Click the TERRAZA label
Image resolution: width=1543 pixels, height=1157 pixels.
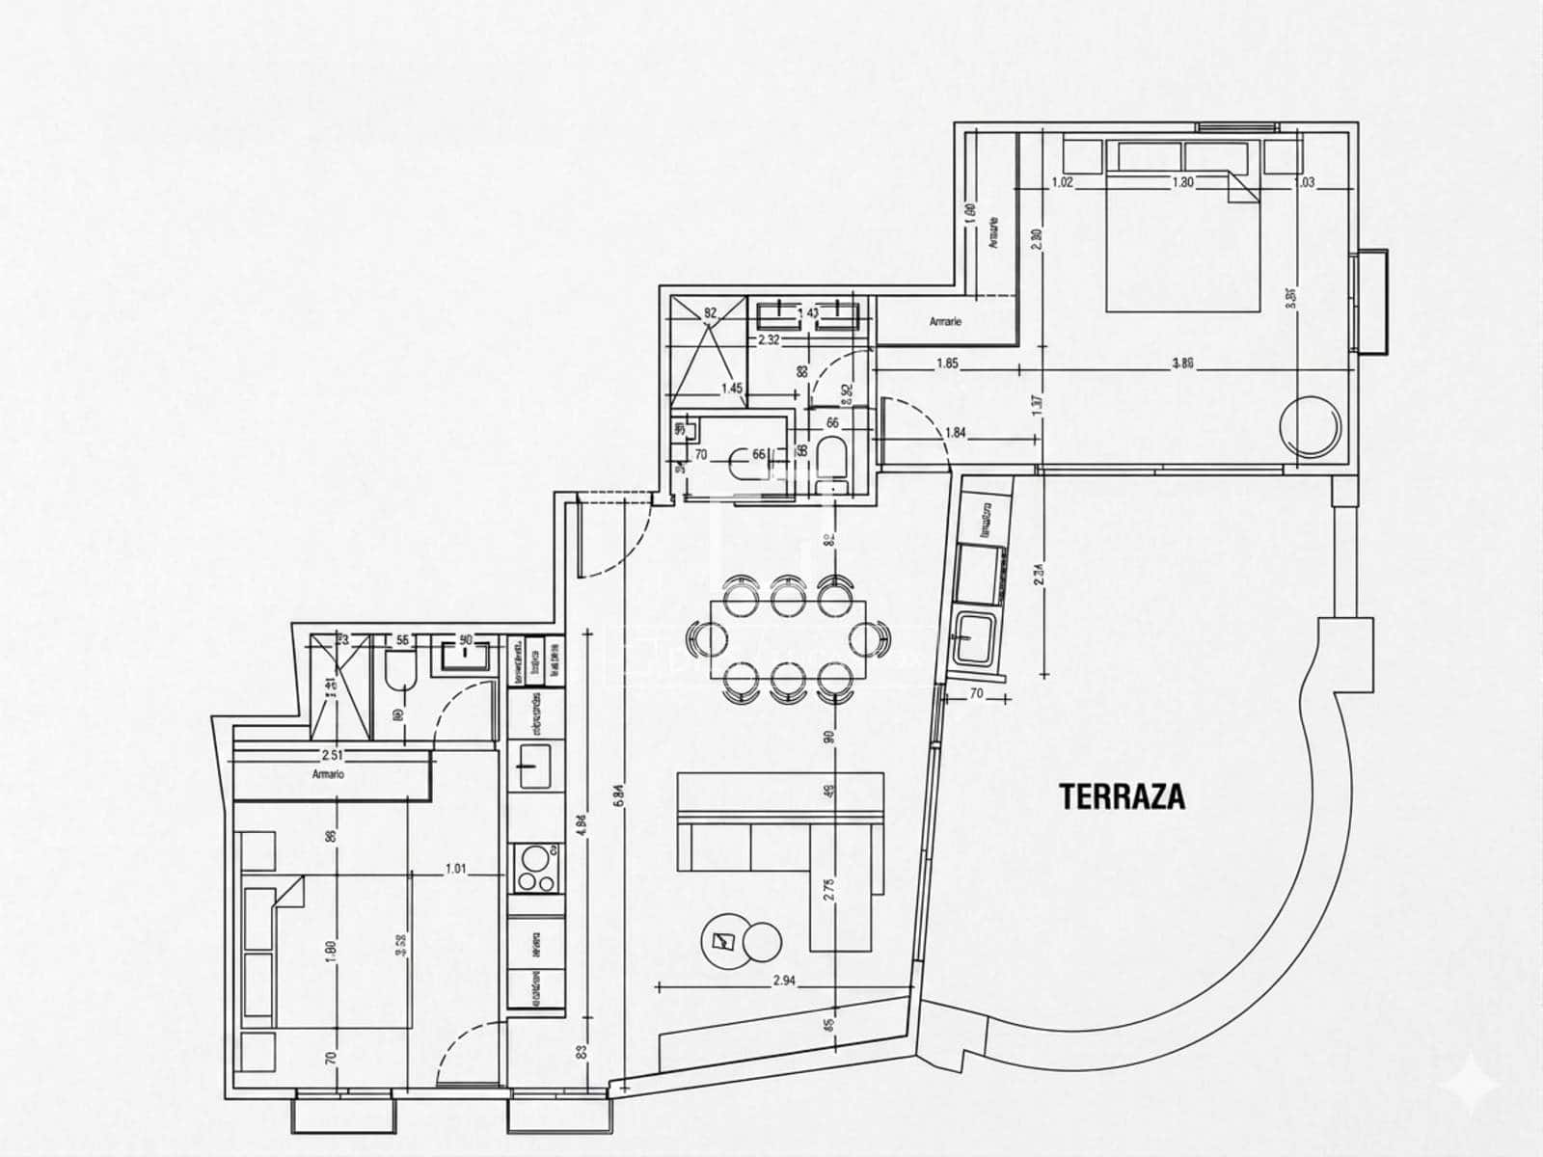pos(1122,797)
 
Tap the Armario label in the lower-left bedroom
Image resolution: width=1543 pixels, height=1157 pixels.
pos(328,773)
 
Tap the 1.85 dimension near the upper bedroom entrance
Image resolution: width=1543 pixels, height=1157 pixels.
pos(946,363)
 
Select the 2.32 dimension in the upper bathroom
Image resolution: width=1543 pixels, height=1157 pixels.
pos(769,339)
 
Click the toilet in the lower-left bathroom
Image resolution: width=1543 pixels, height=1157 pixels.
pos(399,673)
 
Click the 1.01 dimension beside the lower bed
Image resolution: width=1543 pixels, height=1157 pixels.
pos(455,869)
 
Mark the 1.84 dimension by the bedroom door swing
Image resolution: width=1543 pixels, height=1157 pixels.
pos(955,433)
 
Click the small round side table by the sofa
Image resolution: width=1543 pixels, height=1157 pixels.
pos(763,941)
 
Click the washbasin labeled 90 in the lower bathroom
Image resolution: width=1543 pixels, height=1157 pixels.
pos(467,656)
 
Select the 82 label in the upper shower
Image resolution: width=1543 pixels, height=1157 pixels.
pos(711,312)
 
